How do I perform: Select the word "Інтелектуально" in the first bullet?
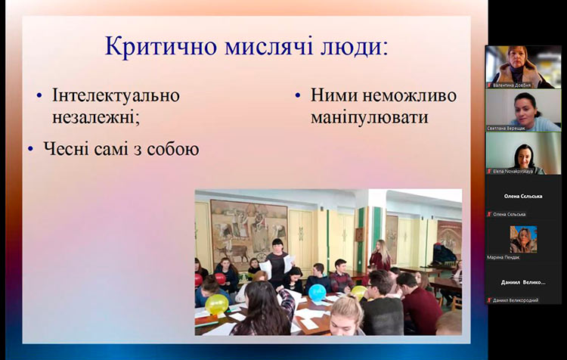pos(116,96)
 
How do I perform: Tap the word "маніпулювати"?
pos(369,118)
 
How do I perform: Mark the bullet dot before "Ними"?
pos(298,97)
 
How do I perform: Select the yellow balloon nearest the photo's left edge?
pos(217,304)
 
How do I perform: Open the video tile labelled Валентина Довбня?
pos(523,67)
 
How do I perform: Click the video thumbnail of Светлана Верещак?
pos(523,109)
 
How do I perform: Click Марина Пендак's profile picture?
pos(523,239)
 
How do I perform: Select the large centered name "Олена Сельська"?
pos(523,196)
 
